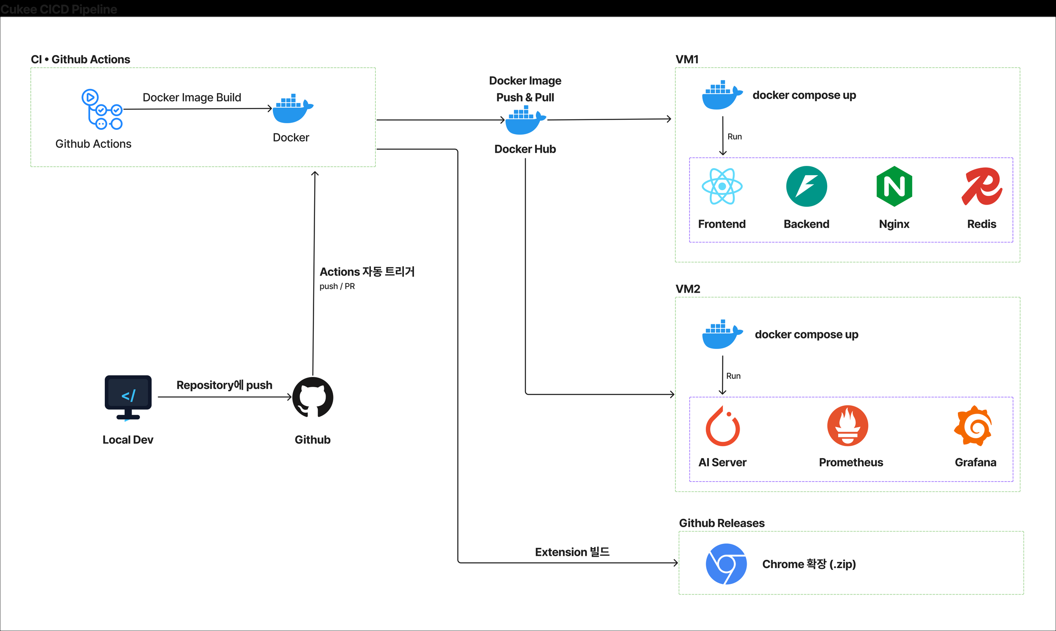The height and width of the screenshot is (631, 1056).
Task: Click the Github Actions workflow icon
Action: coord(102,109)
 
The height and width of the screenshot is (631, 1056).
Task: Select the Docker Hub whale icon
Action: coord(525,120)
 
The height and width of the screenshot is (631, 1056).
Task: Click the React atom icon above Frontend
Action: coord(722,186)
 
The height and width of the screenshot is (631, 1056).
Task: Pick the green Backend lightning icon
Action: coord(807,186)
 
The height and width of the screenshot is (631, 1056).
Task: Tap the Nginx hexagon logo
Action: coord(894,186)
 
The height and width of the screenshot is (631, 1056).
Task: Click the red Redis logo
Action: coord(982,186)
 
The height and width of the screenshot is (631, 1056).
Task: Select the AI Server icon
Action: coord(722,426)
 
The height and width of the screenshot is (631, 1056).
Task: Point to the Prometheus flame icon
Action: coord(847,426)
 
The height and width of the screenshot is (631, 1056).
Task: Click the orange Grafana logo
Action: coord(973,426)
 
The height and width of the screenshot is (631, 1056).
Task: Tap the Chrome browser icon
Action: coord(726,564)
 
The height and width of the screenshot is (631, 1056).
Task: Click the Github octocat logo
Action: coord(313,397)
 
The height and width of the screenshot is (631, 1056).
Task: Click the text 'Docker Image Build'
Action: coord(192,97)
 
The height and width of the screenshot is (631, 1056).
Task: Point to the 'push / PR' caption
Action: coord(337,286)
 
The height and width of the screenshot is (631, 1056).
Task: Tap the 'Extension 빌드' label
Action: coord(572,552)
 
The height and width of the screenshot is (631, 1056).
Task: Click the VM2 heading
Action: coord(688,289)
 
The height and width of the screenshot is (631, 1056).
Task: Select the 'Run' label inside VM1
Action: coord(734,137)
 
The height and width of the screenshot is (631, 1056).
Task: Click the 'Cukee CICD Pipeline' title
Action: coord(59,9)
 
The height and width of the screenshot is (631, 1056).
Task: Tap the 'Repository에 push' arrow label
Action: coord(224,385)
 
